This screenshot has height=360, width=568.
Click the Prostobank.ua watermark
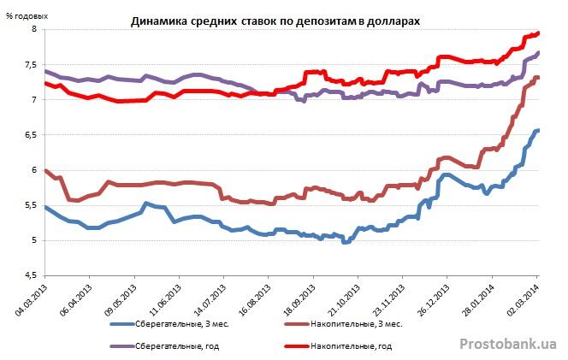508,343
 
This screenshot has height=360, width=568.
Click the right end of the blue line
538,130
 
